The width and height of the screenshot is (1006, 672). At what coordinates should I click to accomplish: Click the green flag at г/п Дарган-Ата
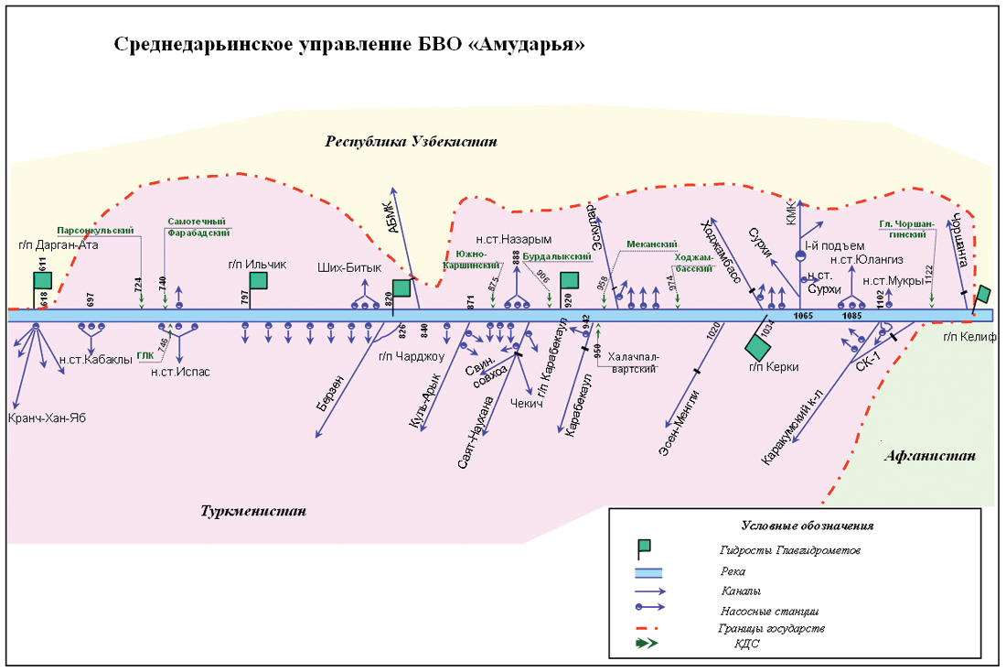coord(42,281)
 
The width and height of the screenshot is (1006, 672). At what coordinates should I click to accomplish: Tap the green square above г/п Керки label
coord(757,347)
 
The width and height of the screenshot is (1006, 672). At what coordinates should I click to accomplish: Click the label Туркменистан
coord(253,510)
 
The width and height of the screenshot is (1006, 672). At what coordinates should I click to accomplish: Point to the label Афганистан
coord(929,456)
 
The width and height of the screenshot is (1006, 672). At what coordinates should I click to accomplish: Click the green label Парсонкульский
coord(96,230)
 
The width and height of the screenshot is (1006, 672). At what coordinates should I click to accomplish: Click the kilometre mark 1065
coord(803,316)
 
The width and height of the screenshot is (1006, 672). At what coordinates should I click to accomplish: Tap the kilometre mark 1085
coord(852,316)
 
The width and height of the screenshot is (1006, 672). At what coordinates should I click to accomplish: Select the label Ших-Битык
coord(348,267)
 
